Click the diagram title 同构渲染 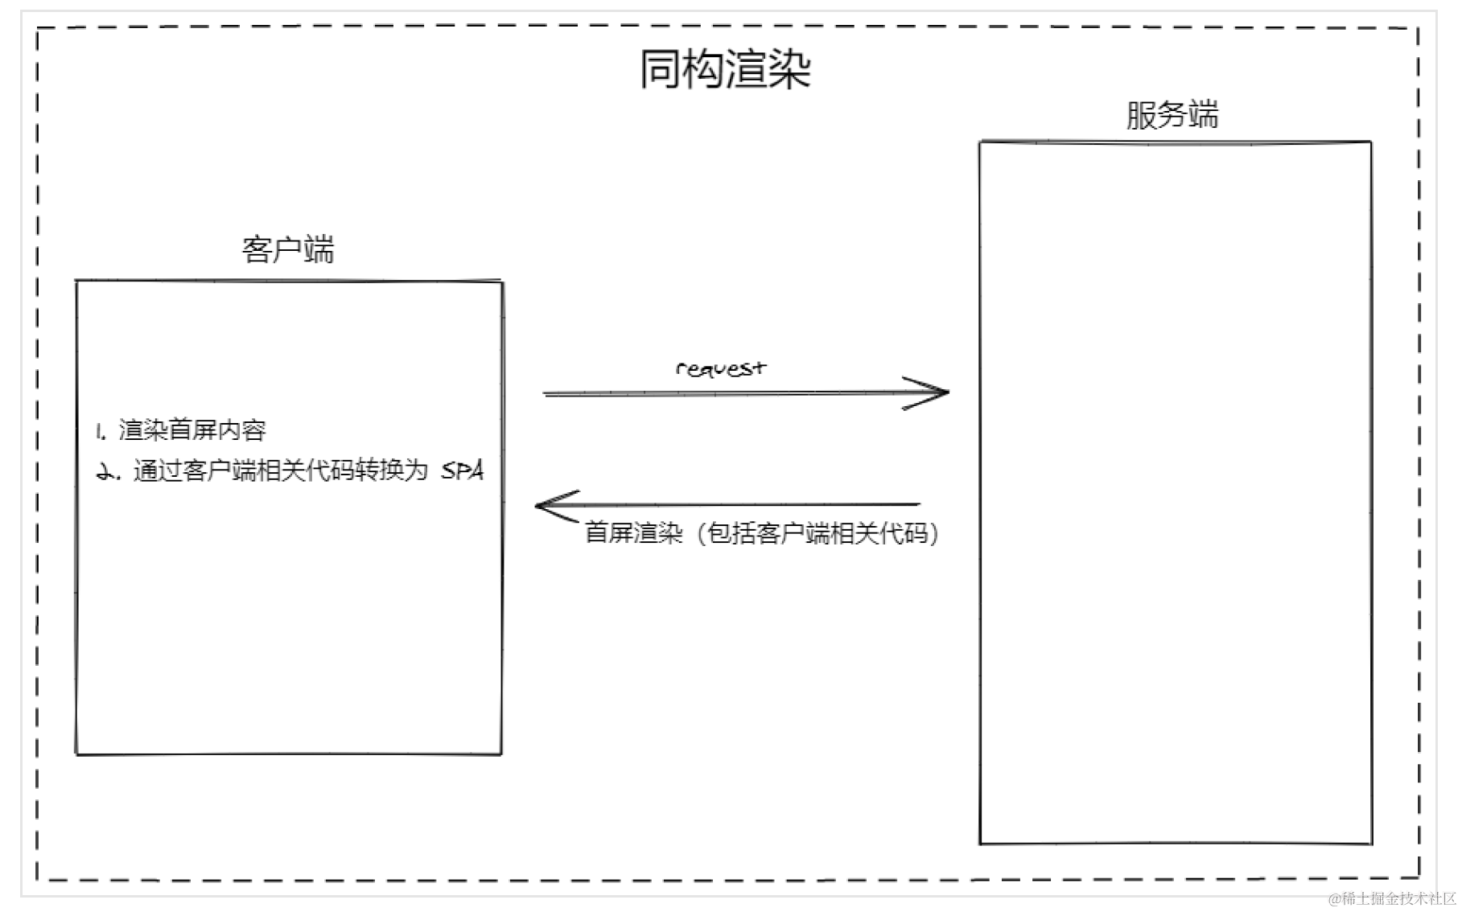coord(725,69)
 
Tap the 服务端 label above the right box coord(1172,115)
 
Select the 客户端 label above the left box coord(288,249)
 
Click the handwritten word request coord(720,369)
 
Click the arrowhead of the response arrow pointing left coord(546,505)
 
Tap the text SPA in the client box coord(463,470)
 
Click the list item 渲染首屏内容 coord(192,430)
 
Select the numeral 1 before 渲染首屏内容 coord(100,432)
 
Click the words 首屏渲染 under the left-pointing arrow coord(633,533)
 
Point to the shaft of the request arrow coord(724,393)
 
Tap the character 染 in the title coord(789,69)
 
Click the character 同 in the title coord(661,69)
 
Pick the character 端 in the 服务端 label coord(1203,115)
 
